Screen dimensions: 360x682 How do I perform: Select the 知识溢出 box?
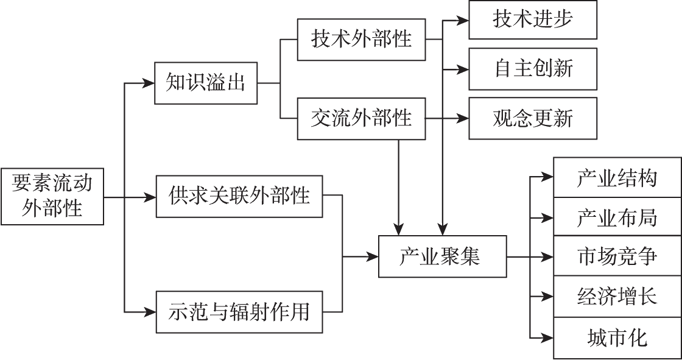click(x=205, y=83)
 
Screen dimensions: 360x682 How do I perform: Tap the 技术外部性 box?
click(x=361, y=40)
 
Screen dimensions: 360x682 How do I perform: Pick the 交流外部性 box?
click(x=361, y=118)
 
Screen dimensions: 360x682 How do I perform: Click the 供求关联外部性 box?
click(x=239, y=196)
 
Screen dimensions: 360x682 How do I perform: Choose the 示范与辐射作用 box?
click(x=239, y=312)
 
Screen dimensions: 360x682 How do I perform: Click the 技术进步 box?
click(x=533, y=19)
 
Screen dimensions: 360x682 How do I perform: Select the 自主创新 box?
click(x=533, y=68)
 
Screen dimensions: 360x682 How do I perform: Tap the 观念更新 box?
click(x=533, y=118)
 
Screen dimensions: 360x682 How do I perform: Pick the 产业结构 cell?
click(x=617, y=177)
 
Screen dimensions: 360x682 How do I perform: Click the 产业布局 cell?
click(x=617, y=216)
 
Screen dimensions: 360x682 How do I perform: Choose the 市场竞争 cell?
click(x=617, y=256)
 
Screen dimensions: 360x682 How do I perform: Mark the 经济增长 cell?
click(x=617, y=297)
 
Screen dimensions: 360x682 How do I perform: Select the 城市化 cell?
click(x=617, y=337)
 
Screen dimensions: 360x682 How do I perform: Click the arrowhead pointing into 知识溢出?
click(x=149, y=83)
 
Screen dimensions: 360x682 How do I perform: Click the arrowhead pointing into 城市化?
click(x=548, y=337)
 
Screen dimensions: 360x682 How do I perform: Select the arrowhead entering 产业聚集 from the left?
click(x=373, y=256)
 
